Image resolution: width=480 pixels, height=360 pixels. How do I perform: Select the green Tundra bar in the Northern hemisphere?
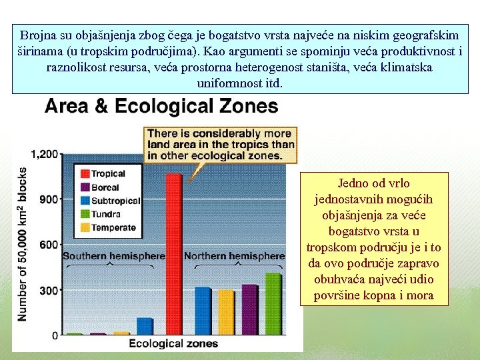(273, 303)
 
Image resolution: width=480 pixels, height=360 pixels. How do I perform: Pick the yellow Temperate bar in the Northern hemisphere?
(226, 312)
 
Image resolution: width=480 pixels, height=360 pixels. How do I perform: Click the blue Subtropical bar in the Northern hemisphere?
(203, 311)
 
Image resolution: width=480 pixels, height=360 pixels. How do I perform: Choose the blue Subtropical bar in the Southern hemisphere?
(145, 326)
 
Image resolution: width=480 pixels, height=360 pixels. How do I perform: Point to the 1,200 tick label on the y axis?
(46, 154)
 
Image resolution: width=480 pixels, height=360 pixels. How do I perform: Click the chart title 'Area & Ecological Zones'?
(161, 106)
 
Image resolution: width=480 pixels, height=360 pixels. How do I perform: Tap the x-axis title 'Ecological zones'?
(173, 344)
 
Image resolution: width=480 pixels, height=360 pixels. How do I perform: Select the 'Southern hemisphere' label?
(114, 256)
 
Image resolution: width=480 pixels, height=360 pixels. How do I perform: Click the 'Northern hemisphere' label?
(234, 256)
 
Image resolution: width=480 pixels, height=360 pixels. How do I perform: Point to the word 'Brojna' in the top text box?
(38, 35)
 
